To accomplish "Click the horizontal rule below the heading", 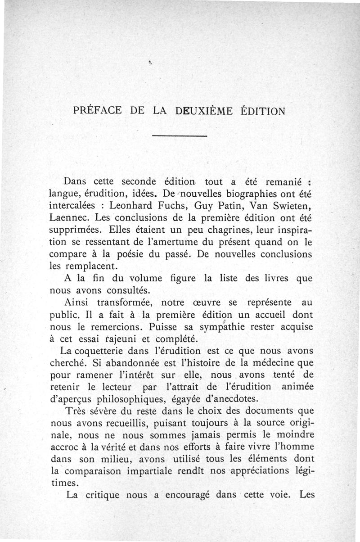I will (180, 135).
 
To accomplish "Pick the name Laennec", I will (68, 217).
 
